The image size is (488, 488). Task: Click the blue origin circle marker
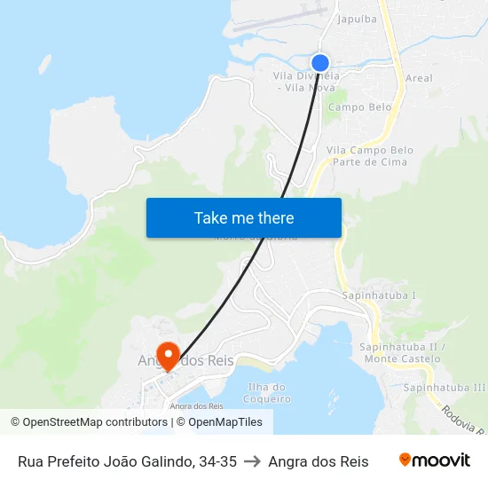(320, 62)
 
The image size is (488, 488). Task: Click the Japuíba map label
(356, 18)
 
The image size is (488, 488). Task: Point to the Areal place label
(419, 78)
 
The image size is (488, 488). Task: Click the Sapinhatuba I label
(379, 295)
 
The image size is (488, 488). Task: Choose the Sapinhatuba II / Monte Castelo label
(400, 352)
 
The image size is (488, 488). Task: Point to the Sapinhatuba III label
(444, 388)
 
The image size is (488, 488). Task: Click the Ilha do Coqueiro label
(266, 392)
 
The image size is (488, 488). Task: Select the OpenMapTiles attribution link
(224, 422)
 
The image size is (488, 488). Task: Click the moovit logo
(434, 460)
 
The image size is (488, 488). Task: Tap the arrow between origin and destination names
(252, 461)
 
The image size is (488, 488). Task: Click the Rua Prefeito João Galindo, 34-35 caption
(127, 461)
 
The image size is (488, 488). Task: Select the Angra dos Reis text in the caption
(318, 461)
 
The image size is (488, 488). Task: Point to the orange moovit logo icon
(405, 460)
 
